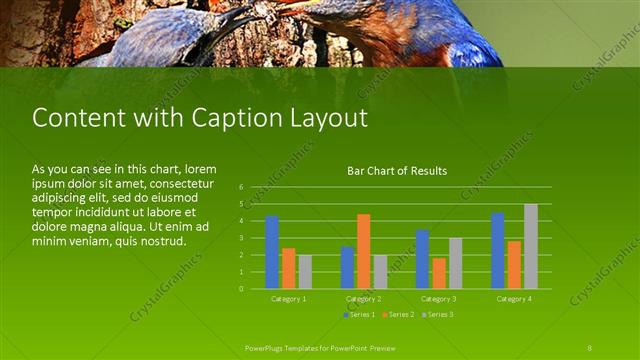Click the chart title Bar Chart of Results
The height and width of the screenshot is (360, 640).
point(397,171)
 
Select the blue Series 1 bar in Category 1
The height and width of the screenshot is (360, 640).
point(272,252)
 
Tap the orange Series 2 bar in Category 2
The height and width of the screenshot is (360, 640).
point(363,251)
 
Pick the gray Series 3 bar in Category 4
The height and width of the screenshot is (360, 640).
point(531,246)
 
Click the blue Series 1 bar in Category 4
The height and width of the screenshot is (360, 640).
point(497,250)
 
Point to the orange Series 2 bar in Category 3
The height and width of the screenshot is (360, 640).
point(439,273)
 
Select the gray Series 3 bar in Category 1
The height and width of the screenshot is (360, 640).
point(305,271)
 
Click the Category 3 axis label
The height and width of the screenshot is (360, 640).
point(439,299)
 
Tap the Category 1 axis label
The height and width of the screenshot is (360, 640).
point(289,299)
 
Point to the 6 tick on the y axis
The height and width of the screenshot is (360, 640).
point(242,187)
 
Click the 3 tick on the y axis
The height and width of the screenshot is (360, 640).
point(242,238)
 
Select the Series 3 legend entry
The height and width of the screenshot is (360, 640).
point(437,315)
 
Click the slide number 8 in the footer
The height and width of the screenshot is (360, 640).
point(590,347)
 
